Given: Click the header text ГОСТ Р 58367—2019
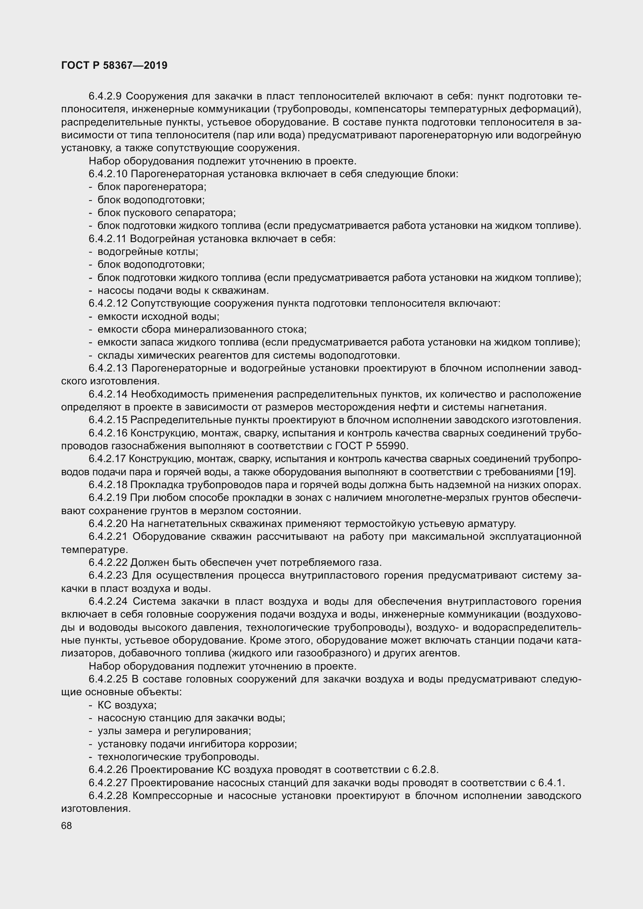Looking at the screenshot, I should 114,65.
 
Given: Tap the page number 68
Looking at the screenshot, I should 66,825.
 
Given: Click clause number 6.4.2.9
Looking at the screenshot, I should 105,96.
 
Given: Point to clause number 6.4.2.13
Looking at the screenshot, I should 108,368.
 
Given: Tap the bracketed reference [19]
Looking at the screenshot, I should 571,472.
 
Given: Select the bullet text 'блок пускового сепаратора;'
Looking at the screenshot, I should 166,213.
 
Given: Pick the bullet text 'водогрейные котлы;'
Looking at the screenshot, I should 148,252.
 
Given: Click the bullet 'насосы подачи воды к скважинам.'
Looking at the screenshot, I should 183,291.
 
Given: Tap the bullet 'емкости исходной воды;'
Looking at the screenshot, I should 158,317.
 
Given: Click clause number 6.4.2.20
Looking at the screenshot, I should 108,524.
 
